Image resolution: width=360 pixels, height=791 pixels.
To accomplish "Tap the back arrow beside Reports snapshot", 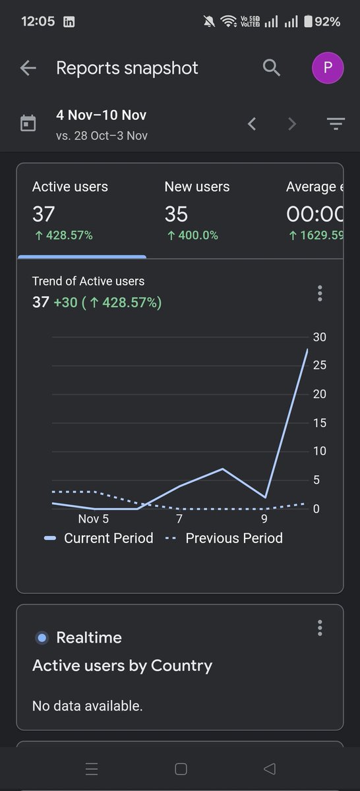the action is pyautogui.click(x=28, y=68).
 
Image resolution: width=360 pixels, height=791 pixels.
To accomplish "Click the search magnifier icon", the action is pyautogui.click(x=272, y=67).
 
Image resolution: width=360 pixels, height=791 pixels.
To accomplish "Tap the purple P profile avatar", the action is pyautogui.click(x=328, y=67).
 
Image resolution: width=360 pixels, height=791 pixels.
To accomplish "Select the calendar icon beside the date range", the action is pyautogui.click(x=28, y=123).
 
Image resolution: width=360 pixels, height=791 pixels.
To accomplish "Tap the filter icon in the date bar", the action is pyautogui.click(x=336, y=124).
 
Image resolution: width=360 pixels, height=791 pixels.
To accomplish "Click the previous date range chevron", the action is pyautogui.click(x=252, y=124).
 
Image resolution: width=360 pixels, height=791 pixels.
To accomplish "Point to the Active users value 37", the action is pyautogui.click(x=44, y=214).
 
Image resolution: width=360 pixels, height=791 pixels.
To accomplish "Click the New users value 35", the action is pyautogui.click(x=176, y=214).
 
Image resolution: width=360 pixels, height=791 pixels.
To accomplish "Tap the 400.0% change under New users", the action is pyautogui.click(x=193, y=235).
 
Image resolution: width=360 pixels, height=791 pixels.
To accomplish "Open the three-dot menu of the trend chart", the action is pyautogui.click(x=320, y=293).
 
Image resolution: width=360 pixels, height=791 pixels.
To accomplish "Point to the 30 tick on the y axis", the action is pyautogui.click(x=319, y=337).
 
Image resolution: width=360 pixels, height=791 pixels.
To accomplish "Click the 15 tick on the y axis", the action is pyautogui.click(x=319, y=423).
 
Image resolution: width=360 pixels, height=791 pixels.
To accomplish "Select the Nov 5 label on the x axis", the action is pyautogui.click(x=93, y=519).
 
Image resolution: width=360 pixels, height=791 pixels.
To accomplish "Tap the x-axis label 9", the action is pyautogui.click(x=264, y=519).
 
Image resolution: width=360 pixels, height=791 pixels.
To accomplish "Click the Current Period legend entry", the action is pyautogui.click(x=98, y=538).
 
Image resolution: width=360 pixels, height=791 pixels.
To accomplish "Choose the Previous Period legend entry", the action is pyautogui.click(x=224, y=538).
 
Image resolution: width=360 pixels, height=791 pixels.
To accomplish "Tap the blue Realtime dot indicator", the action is pyautogui.click(x=42, y=638).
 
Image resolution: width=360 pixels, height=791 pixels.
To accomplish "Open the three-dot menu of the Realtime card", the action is pyautogui.click(x=320, y=628).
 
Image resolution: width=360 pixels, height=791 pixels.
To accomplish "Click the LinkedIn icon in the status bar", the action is pyautogui.click(x=69, y=22).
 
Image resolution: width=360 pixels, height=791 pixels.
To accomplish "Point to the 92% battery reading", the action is pyautogui.click(x=327, y=22).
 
